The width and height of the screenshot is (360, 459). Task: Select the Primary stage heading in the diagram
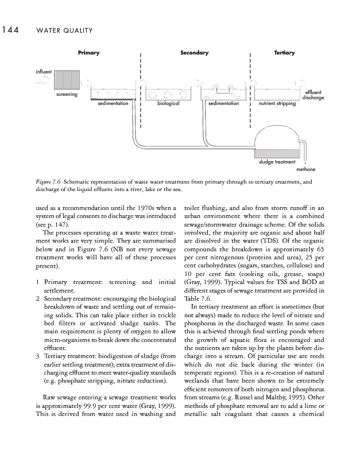(89, 53)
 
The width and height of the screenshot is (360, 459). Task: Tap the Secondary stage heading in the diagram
(194, 53)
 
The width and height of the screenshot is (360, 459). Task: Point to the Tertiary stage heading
(284, 53)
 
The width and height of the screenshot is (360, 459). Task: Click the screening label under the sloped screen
(67, 94)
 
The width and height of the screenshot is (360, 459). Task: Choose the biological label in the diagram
(169, 104)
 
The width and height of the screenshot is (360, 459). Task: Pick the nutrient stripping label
(277, 104)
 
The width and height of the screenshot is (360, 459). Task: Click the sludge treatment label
(276, 162)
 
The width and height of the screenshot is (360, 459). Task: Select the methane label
(305, 170)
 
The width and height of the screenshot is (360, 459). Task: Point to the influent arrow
(41, 82)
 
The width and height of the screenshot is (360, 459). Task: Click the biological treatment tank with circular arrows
(169, 94)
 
